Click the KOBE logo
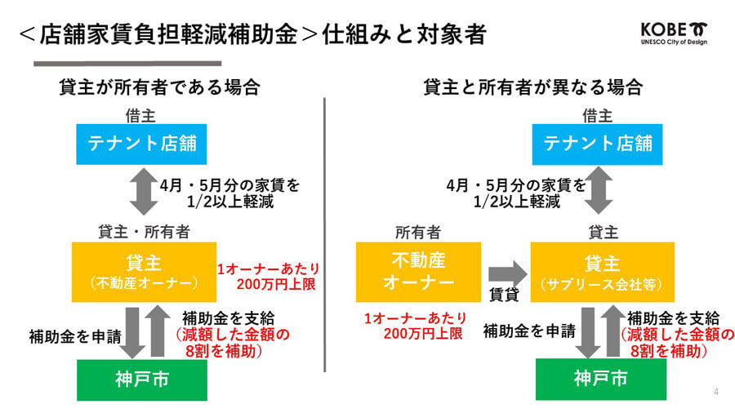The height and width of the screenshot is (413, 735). [x=674, y=33]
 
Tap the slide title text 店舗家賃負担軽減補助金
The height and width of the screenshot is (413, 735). [x=169, y=34]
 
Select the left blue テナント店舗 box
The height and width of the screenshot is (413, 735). [x=141, y=144]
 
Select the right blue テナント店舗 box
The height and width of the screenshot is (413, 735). [x=597, y=144]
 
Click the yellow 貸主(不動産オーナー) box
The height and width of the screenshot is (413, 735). [x=144, y=272]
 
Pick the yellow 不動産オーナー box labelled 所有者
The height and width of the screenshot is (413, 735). [x=418, y=272]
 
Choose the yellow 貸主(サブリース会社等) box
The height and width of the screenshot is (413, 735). [x=603, y=272]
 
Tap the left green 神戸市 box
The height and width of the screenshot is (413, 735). [x=142, y=380]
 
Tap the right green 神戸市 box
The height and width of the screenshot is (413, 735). [x=601, y=380]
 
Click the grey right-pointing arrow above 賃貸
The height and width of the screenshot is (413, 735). [x=508, y=274]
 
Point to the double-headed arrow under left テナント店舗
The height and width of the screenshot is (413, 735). [x=144, y=192]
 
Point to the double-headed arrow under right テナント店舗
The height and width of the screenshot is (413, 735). [x=599, y=190]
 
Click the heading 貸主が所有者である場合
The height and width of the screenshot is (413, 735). [x=159, y=87]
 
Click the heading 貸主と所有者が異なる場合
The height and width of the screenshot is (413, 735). [x=533, y=87]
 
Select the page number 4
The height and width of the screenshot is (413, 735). [x=715, y=392]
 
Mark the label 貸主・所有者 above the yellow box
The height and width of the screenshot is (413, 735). [x=144, y=232]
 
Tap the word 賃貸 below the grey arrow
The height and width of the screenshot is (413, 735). [x=504, y=295]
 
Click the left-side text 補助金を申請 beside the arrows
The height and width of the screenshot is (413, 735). [x=75, y=336]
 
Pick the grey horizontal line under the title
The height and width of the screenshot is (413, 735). [x=127, y=63]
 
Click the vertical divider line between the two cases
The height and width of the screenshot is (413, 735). [x=324, y=234]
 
